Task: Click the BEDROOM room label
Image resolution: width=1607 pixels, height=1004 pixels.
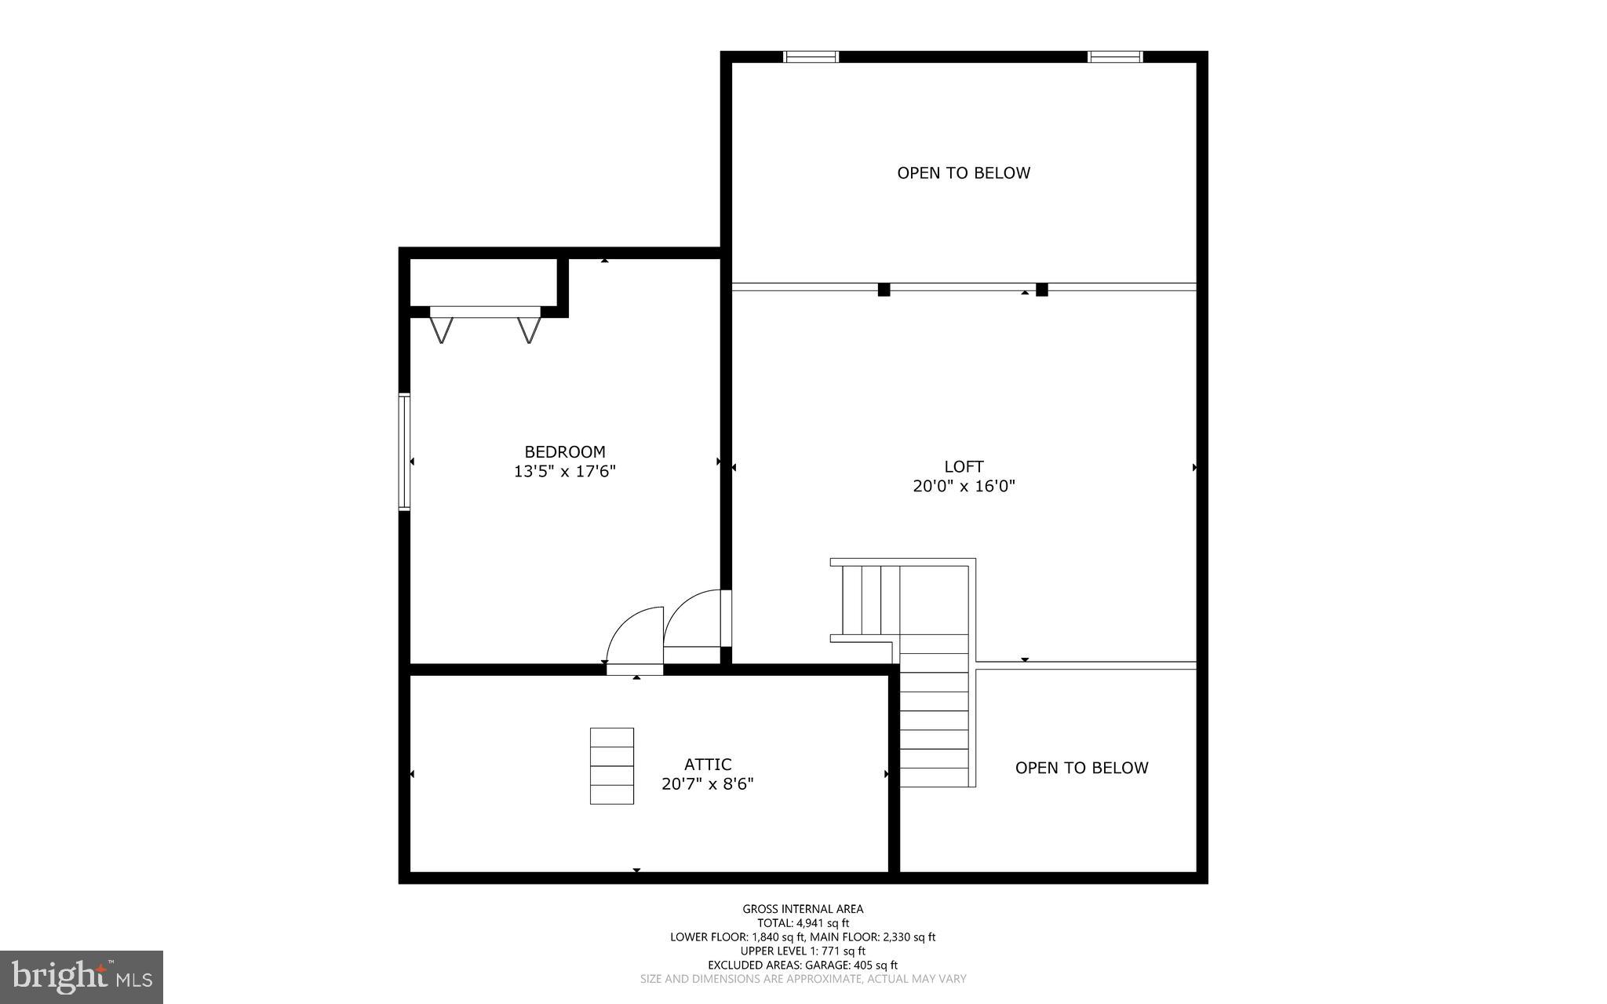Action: (x=565, y=452)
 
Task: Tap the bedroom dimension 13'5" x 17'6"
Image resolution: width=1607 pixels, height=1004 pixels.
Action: (x=565, y=472)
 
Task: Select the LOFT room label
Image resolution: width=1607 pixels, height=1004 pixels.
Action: (x=964, y=466)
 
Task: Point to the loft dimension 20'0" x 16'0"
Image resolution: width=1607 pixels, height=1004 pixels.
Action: (x=964, y=487)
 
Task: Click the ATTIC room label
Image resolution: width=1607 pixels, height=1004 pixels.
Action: (x=708, y=765)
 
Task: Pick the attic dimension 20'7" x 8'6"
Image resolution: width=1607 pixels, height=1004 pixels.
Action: (x=708, y=784)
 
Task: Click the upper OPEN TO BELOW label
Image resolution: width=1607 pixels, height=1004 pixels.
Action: (x=964, y=173)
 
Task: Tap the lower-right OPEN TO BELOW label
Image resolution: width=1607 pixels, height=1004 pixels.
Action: (x=1081, y=768)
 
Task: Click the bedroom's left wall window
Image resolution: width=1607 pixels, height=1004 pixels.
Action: (x=404, y=452)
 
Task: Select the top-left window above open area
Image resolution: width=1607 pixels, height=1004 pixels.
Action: (x=811, y=57)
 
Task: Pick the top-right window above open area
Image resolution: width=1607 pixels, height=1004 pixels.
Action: (x=1115, y=57)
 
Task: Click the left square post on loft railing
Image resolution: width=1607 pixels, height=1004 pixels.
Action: (x=884, y=289)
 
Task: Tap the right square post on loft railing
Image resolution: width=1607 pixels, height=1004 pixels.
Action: (x=1042, y=289)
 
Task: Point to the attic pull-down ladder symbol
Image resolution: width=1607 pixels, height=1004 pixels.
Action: (x=612, y=765)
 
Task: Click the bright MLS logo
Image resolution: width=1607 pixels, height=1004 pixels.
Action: (x=82, y=977)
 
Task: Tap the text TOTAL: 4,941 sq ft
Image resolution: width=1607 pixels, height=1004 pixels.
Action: (x=803, y=923)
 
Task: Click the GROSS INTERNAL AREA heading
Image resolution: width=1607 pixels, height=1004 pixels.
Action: (x=803, y=909)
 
